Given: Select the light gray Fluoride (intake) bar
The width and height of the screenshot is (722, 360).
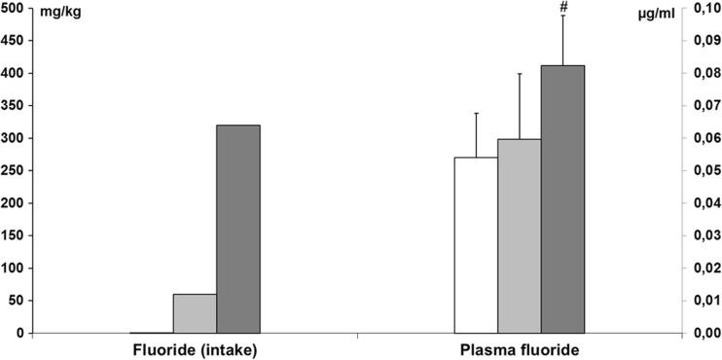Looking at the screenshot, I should pyautogui.click(x=195, y=313).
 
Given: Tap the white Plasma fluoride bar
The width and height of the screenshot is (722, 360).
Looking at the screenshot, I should pyautogui.click(x=476, y=245).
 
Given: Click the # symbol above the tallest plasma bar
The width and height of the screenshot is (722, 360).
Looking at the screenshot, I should pyautogui.click(x=562, y=9).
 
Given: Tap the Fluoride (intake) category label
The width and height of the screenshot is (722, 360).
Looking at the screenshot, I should pyautogui.click(x=195, y=348).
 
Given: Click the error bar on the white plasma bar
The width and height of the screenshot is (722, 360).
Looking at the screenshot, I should pyautogui.click(x=476, y=134).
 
